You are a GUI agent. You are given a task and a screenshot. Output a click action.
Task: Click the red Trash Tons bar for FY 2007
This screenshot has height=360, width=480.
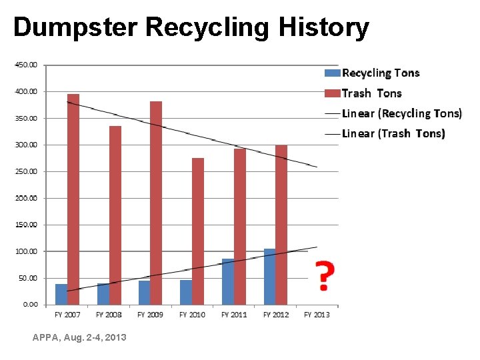point(73,199)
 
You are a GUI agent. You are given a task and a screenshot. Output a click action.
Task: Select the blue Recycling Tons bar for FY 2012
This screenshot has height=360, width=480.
point(269,277)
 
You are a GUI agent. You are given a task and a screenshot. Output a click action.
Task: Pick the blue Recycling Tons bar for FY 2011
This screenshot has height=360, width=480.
point(228,281)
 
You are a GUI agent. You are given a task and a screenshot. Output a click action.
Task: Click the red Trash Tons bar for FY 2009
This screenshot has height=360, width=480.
point(156,203)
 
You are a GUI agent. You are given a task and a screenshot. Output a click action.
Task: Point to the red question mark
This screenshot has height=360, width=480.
point(324,275)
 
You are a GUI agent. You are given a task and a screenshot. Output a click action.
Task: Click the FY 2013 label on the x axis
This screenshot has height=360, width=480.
point(317,315)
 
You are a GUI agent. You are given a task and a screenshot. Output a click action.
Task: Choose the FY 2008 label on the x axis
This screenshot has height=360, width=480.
point(109,315)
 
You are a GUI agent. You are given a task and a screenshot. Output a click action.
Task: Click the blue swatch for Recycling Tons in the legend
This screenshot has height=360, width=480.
point(332,73)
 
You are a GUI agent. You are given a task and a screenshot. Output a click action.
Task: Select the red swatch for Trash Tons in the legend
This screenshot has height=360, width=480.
point(332,93)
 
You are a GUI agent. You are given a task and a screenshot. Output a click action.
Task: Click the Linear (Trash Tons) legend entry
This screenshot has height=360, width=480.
point(393,133)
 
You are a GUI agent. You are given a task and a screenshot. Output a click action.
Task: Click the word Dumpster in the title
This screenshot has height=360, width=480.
point(75,27)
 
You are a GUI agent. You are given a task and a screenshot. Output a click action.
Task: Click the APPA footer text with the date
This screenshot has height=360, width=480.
point(79,338)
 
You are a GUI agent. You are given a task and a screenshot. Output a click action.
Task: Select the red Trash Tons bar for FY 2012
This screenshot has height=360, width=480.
point(281,225)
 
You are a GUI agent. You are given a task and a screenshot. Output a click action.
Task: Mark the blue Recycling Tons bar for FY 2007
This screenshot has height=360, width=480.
point(61,294)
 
